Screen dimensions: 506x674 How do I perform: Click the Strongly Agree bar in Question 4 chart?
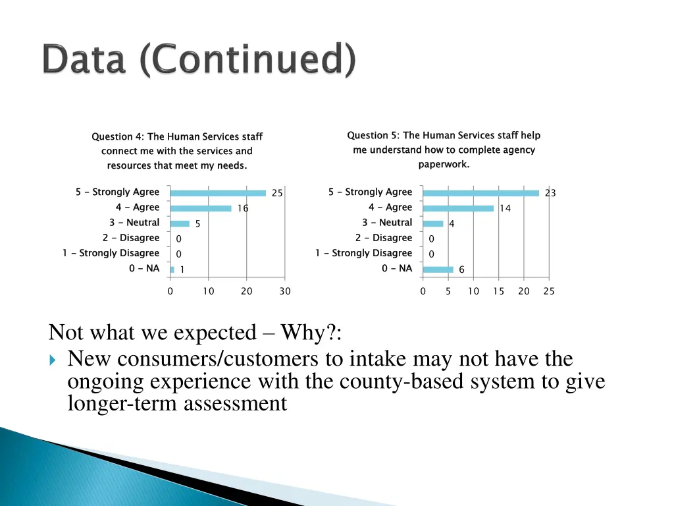coord(218,193)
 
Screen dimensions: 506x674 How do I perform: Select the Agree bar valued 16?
coord(201,208)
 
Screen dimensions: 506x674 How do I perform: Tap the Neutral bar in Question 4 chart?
coord(180,223)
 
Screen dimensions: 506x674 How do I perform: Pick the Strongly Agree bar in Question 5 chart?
coord(480,193)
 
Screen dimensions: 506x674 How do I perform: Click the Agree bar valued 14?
coord(458,208)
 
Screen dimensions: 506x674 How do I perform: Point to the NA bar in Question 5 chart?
coord(438,269)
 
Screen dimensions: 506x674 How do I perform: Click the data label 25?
coord(277,193)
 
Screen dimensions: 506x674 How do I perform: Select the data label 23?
coord(550,193)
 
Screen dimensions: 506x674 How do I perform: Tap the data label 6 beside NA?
coord(461,269)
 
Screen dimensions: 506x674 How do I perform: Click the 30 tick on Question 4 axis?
coord(284,291)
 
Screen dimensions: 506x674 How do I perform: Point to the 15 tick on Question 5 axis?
coord(498,291)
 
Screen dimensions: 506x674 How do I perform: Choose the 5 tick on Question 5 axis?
coord(448,291)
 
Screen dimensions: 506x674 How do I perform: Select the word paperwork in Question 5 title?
coord(444,165)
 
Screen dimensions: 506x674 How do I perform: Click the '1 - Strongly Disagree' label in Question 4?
coord(111,253)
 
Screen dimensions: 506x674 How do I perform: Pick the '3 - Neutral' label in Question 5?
coord(387,223)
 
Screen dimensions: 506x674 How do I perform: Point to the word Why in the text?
coord(306,333)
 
